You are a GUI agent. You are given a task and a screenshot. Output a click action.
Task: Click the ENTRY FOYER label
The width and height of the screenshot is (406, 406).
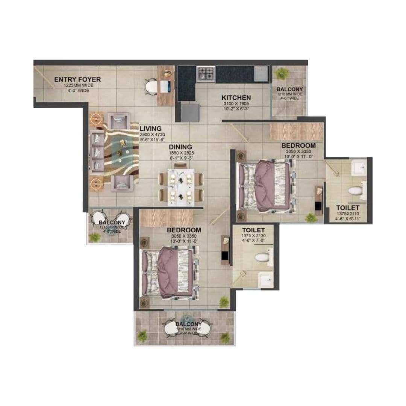point(77,79)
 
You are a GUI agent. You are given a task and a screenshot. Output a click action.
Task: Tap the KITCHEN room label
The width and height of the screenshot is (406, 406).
point(236,98)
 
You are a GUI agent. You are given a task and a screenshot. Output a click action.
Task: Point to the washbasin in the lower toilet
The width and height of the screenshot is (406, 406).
point(265,279)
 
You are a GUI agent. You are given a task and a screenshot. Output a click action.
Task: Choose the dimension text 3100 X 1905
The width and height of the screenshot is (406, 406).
point(236,104)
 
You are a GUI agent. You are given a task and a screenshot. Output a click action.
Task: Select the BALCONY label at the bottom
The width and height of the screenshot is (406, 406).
point(188,324)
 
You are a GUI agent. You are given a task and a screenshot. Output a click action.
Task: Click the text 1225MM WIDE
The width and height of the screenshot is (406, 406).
point(77,85)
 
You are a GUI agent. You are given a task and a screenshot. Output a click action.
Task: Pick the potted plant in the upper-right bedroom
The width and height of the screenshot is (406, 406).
point(311,217)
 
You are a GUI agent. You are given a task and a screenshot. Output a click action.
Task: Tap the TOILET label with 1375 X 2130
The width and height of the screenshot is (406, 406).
point(253,230)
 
